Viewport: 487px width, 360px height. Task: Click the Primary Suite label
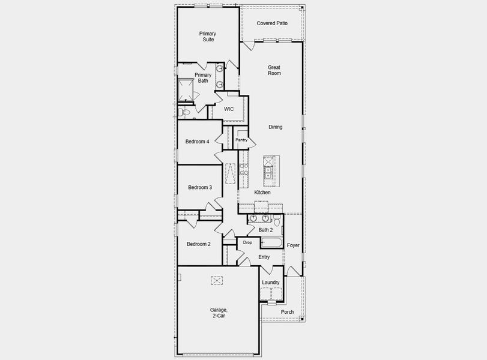tap(208, 37)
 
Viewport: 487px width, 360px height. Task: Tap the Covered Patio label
tap(272, 23)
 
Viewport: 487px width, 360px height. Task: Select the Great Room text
tap(274, 70)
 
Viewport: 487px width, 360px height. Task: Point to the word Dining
tap(275, 127)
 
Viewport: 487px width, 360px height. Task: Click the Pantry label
tap(241, 140)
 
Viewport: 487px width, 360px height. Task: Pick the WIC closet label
tap(229, 109)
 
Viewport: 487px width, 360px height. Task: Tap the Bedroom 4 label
tap(198, 142)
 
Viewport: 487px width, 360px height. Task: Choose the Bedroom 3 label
tap(200, 187)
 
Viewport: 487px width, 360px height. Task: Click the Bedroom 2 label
tap(198, 244)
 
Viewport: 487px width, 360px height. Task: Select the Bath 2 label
tap(265, 230)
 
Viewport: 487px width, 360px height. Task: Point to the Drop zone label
tap(247, 242)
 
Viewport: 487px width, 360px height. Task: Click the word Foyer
tap(293, 245)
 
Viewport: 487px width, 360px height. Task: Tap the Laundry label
tap(271, 282)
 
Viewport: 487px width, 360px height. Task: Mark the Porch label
tap(288, 312)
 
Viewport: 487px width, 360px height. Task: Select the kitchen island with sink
tap(268, 170)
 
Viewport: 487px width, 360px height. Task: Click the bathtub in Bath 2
tap(272, 243)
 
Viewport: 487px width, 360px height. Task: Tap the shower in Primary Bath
tap(187, 90)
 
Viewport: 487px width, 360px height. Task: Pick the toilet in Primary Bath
tap(186, 112)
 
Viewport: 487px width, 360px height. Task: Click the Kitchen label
tap(262, 193)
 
